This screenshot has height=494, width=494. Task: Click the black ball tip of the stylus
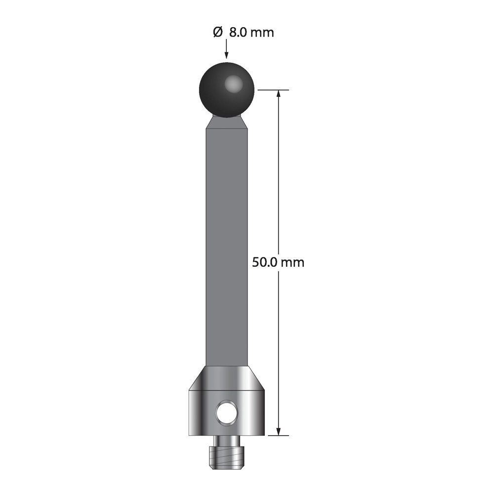pyautogui.click(x=227, y=90)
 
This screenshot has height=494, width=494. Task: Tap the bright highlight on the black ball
pyautogui.click(x=234, y=84)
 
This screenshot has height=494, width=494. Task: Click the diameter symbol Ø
pyautogui.click(x=218, y=32)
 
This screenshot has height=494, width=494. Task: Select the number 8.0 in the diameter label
pyautogui.click(x=238, y=33)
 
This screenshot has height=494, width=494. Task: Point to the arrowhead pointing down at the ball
pyautogui.click(x=227, y=55)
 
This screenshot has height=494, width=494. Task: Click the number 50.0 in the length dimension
pyautogui.click(x=264, y=262)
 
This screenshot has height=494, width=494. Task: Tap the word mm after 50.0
pyautogui.click(x=292, y=263)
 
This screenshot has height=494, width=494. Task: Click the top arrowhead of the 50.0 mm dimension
pyautogui.click(x=278, y=94)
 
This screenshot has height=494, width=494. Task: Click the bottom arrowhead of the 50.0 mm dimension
pyautogui.click(x=278, y=431)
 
